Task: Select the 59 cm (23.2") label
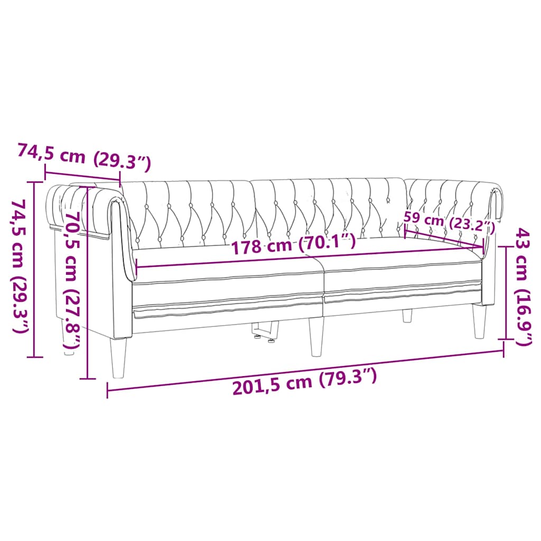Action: pyautogui.click(x=449, y=222)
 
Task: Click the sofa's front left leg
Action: pyautogui.click(x=118, y=358)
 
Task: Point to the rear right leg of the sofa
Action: pyautogui.click(x=407, y=315)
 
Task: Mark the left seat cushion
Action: pyautogui.click(x=227, y=280)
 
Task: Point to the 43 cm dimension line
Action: pyautogui.click(x=503, y=296)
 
